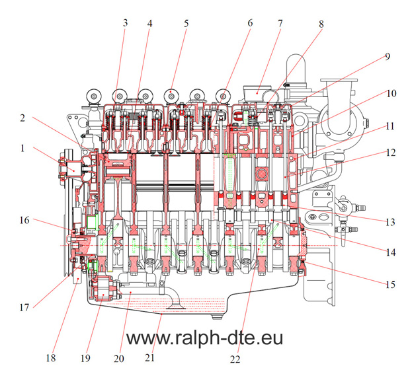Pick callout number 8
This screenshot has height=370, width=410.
(321, 24)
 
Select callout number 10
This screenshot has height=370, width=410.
(391, 93)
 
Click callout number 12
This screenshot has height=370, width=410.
(391, 152)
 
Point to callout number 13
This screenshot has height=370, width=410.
(389, 220)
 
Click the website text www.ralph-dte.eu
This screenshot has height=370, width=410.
(204, 339)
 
